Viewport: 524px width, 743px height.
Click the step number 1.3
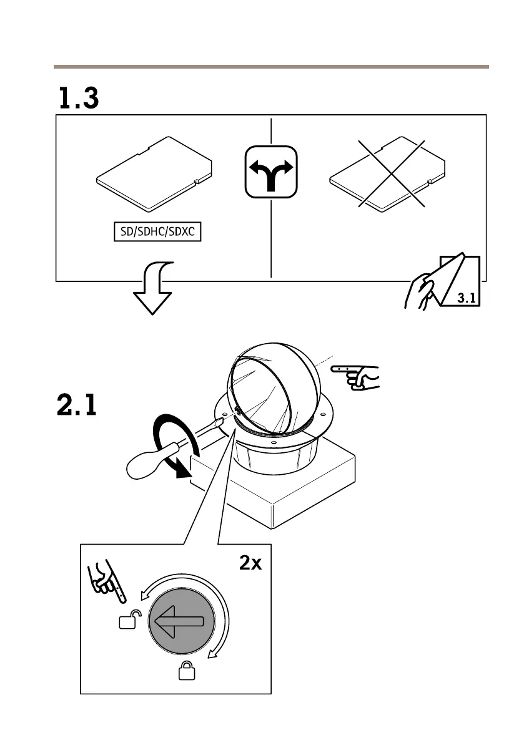[79, 99]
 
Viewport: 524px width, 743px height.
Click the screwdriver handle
[151, 458]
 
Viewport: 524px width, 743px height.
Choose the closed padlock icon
[185, 671]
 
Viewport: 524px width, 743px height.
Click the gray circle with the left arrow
[181, 621]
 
